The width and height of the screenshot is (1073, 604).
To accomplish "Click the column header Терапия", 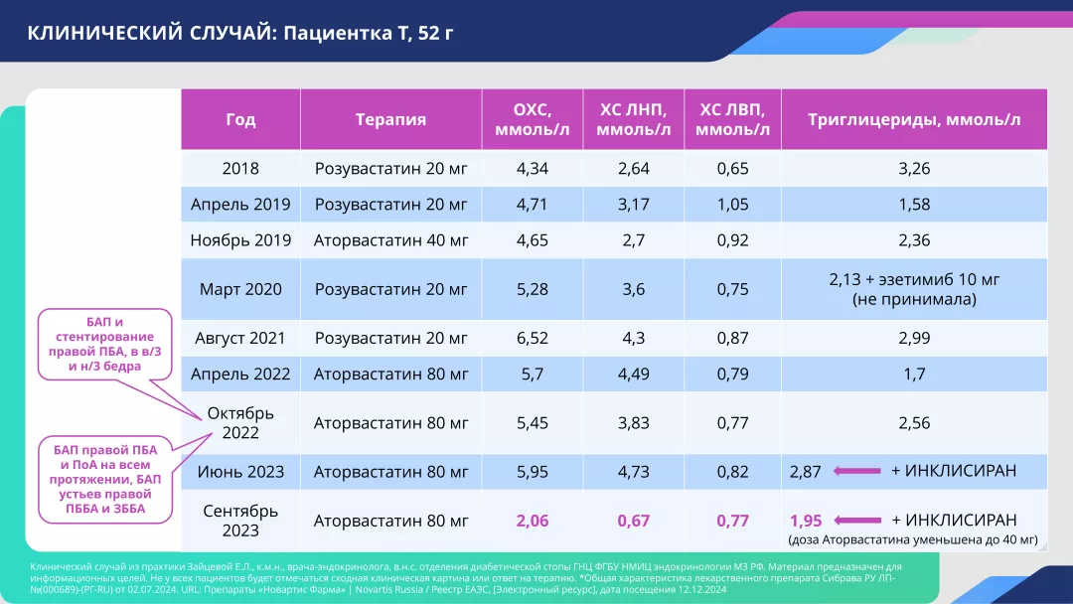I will click(x=390, y=120).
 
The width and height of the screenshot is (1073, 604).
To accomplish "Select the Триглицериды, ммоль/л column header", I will click(x=913, y=120).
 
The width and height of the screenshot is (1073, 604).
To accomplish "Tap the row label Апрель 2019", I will click(x=240, y=205).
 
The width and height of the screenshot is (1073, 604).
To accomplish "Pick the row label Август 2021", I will click(x=240, y=339).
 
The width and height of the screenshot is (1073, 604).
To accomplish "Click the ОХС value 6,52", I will click(x=532, y=339).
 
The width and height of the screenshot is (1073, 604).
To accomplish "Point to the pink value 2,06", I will click(x=532, y=521).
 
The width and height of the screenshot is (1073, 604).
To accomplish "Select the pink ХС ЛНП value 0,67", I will click(x=633, y=521).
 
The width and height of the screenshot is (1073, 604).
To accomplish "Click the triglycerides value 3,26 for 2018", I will click(x=913, y=169).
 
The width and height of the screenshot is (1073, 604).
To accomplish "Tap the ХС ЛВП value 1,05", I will click(x=732, y=205).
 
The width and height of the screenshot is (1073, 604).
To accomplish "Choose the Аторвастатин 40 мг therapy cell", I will click(x=390, y=240).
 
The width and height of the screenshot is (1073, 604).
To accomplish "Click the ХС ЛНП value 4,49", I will click(x=633, y=375).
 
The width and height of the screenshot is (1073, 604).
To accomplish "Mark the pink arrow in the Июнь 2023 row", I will click(x=856, y=472).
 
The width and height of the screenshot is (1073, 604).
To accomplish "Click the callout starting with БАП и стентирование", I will click(x=98, y=344).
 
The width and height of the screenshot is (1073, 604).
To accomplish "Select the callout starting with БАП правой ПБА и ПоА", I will click(x=98, y=480).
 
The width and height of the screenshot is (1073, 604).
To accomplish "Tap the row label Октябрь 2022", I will click(x=240, y=423).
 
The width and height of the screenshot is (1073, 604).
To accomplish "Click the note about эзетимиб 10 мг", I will click(x=913, y=289).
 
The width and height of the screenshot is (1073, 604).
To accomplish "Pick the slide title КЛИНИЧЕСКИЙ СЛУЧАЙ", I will click(x=239, y=32).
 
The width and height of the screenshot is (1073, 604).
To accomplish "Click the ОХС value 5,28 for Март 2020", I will click(x=532, y=289).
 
